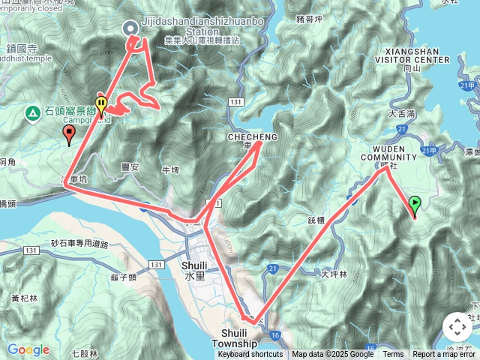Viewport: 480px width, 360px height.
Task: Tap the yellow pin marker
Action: coord(100,104)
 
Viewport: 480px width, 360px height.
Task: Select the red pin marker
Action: coord(70,135)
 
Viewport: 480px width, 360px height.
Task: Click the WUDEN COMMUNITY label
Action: coord(388,152)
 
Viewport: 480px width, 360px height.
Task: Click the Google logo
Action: coord(28,349)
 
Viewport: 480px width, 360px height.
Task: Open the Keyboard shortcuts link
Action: coord(250,355)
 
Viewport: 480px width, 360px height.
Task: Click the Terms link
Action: coord(393,355)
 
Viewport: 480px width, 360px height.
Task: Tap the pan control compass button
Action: coord(457,327)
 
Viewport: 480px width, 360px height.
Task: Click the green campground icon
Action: coord(33,112)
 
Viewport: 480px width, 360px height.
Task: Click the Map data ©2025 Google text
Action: coord(332,355)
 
